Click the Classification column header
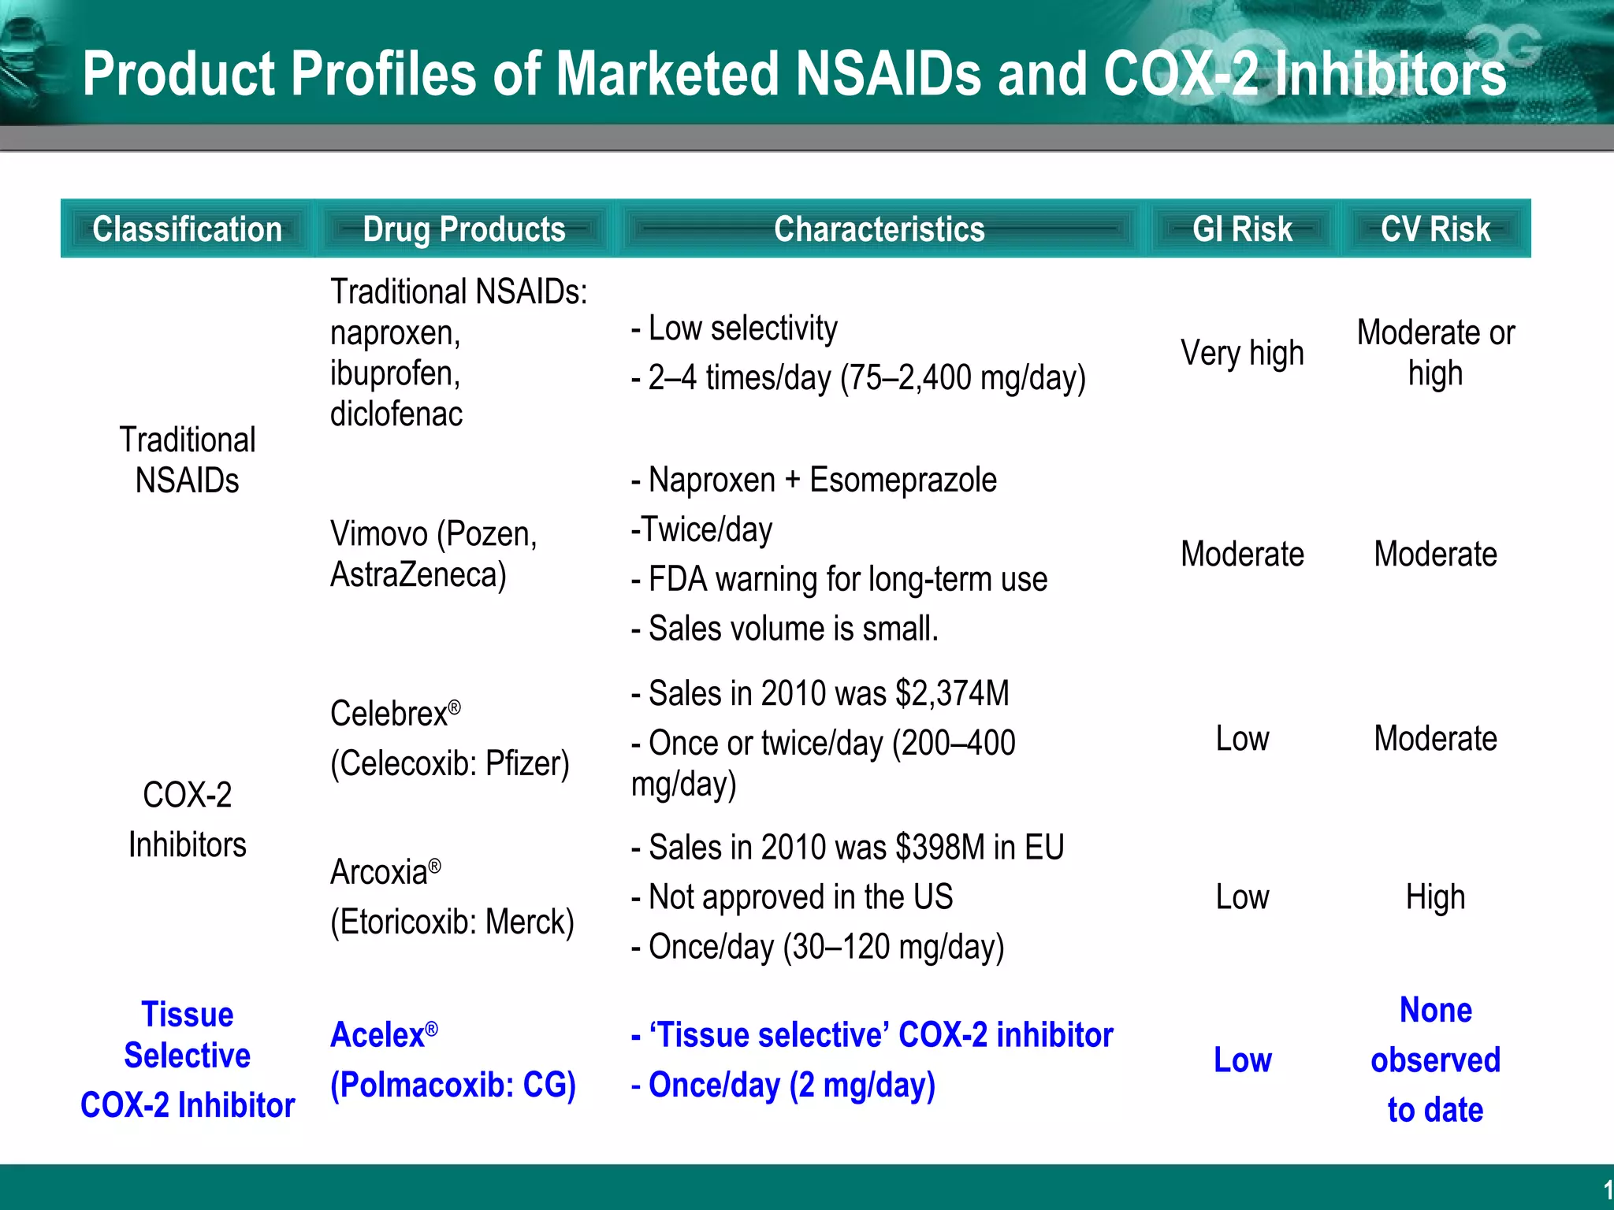click(x=188, y=229)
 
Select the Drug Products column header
click(x=464, y=229)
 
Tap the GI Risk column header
click(x=1242, y=229)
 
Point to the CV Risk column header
click(x=1435, y=229)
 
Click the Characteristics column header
click(x=879, y=229)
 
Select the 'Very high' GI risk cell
click(x=1242, y=353)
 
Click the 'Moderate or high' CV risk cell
click(x=1435, y=353)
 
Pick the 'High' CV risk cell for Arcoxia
click(x=1435, y=897)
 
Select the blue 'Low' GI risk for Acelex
click(x=1242, y=1060)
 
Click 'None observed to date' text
click(x=1435, y=1060)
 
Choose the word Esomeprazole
click(x=903, y=480)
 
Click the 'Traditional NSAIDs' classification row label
click(x=188, y=460)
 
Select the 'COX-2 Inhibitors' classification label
click(x=188, y=819)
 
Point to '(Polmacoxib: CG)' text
click(x=453, y=1086)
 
